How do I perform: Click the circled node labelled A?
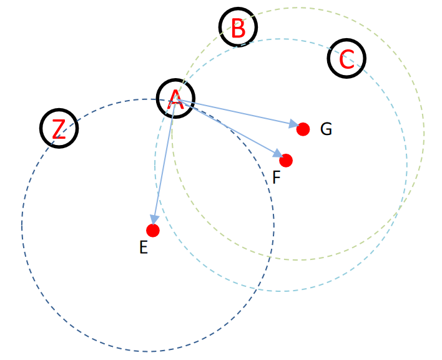click(175, 99)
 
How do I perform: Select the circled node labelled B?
click(238, 27)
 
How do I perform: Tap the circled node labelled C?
click(346, 58)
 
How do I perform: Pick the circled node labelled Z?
click(59, 128)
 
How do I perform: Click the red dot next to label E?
click(153, 231)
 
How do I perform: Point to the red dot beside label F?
click(286, 161)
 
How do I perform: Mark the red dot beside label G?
click(303, 129)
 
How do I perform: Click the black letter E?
click(144, 248)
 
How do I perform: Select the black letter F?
click(277, 178)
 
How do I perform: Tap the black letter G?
click(326, 129)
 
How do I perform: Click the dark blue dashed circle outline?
click(22, 225)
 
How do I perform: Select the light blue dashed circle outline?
click(407, 165)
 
